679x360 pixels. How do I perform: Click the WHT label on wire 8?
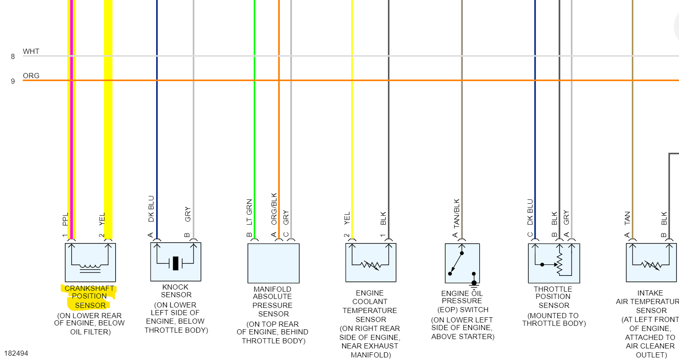pos(31,51)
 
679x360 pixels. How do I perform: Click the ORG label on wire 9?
pos(31,76)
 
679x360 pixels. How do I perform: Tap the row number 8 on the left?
pos(13,56)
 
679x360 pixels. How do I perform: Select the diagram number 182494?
pos(16,353)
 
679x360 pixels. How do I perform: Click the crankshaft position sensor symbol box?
pos(90,262)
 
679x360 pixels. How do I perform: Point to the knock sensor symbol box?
pos(175,262)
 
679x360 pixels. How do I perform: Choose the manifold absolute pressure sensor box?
pos(273,263)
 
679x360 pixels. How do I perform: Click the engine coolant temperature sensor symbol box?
pos(370,262)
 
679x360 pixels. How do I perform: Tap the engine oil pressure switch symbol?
pos(462,263)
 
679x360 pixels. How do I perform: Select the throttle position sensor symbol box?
pos(554,263)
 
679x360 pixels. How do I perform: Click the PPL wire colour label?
pos(65,219)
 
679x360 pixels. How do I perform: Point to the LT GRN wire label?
pos(249,212)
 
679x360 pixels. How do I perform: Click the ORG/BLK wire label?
pos(274,209)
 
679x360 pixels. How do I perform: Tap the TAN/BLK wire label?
pos(457,213)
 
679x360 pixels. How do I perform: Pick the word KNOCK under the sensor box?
pos(175,287)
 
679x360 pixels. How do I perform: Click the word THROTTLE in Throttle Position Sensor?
pos(553,289)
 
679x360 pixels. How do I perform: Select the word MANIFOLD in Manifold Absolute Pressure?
pos(272,289)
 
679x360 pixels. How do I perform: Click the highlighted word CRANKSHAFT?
pos(89,289)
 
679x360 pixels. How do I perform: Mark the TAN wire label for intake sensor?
pos(627,218)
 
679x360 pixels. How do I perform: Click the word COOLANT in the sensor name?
pos(370,301)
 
